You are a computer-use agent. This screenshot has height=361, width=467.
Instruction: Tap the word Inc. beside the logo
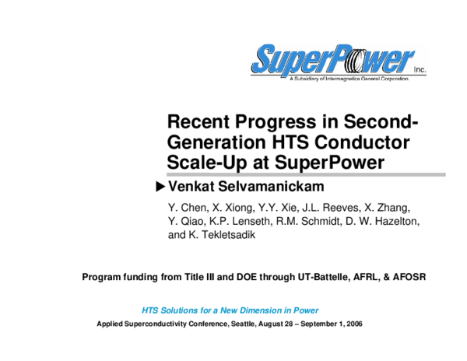coord(420,68)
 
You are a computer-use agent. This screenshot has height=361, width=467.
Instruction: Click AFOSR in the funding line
coord(409,276)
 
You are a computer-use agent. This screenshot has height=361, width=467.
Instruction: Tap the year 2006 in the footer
coord(353,324)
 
